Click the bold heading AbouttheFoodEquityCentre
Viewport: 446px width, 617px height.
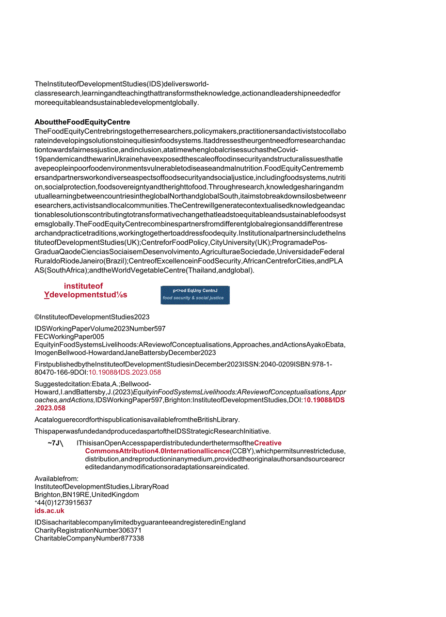point(82,122)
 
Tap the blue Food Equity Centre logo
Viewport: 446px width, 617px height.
point(195,295)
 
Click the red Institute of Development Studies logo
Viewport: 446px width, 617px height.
point(85,290)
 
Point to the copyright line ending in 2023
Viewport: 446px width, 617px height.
point(92,317)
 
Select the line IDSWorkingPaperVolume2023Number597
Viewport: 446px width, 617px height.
point(100,329)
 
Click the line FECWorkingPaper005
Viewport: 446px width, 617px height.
point(69,336)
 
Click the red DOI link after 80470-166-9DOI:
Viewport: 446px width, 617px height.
point(125,372)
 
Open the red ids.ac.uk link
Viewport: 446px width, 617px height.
point(49,510)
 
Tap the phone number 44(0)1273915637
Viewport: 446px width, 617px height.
point(64,503)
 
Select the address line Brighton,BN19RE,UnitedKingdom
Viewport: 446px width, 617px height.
point(87,495)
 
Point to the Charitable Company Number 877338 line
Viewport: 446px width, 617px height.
point(89,538)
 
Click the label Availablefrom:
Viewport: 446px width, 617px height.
point(56,479)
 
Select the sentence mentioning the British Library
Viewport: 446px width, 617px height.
point(137,419)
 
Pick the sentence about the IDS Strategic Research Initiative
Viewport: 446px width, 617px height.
point(152,431)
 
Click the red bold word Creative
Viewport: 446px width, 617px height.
point(268,443)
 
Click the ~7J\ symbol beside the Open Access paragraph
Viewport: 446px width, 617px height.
point(55,443)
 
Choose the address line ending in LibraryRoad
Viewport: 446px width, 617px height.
point(102,487)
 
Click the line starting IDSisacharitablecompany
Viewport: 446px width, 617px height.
point(140,522)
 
